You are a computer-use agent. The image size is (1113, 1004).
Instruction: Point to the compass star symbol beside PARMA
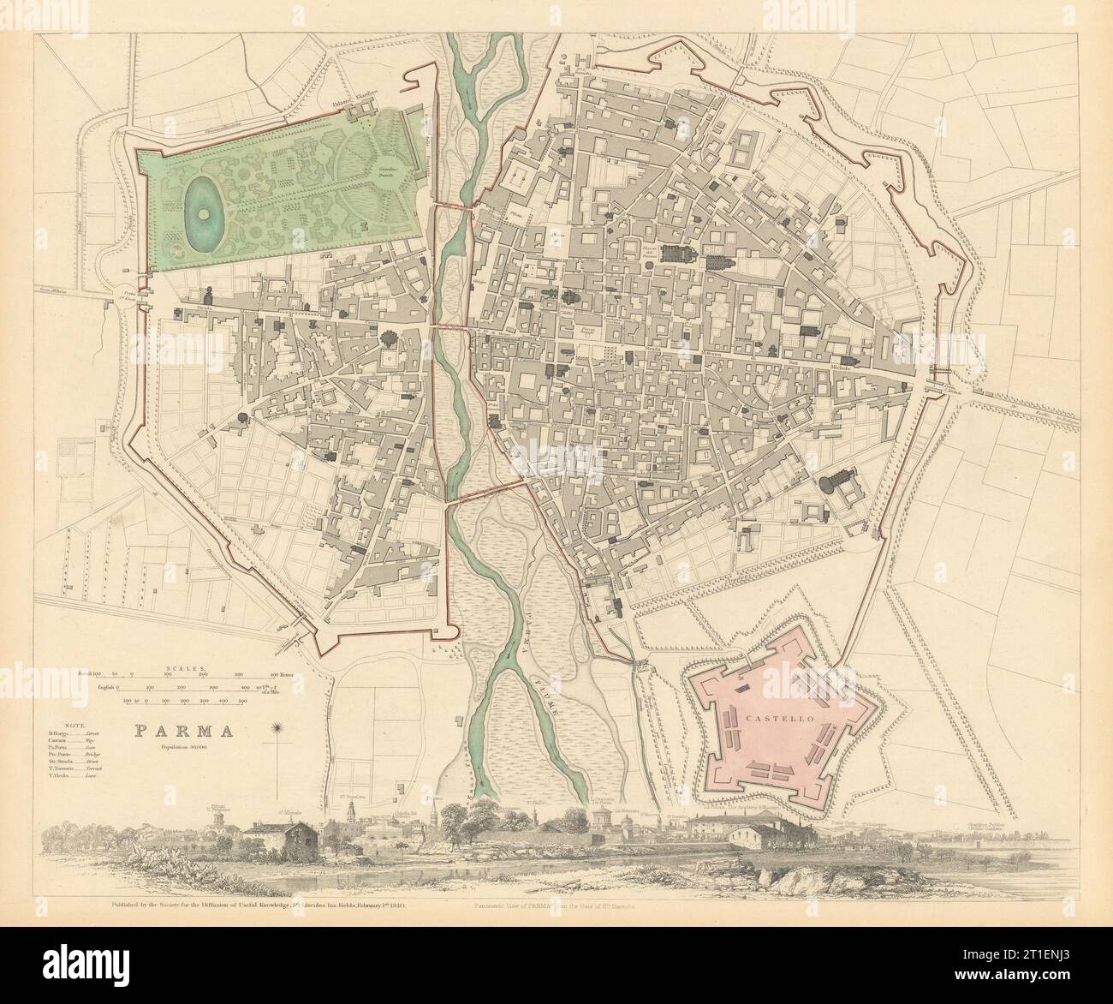coord(277,731)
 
